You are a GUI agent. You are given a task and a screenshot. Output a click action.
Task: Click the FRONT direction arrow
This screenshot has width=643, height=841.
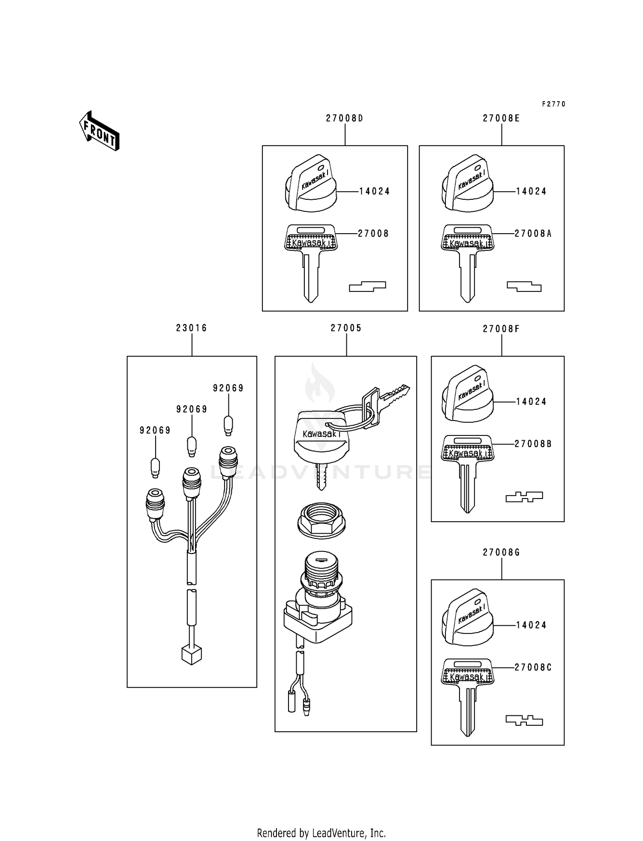coord(99,131)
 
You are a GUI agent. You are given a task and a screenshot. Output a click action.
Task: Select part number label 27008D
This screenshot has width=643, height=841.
coord(344,118)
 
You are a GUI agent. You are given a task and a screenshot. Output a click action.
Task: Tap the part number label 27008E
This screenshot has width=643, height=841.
coord(501,118)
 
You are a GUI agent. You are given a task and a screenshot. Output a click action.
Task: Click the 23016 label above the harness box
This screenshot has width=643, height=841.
coord(191,328)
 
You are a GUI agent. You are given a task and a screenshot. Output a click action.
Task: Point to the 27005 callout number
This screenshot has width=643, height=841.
coord(346,328)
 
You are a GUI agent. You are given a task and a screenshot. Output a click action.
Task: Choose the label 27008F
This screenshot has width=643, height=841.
coord(501,329)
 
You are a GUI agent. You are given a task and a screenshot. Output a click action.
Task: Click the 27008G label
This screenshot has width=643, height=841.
coord(501,553)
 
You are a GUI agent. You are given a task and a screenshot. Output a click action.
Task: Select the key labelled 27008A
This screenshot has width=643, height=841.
coord(467,261)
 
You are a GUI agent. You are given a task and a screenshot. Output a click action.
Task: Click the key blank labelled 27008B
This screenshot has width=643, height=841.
coord(467,472)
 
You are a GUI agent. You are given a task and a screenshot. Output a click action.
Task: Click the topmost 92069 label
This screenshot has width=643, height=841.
coord(228,388)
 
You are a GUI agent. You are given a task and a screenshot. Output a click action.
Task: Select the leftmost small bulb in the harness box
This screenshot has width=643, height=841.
coord(156,468)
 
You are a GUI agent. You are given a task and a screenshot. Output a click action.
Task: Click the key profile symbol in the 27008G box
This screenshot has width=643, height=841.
coord(524,721)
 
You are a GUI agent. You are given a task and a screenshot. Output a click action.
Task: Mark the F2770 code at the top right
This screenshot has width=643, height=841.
coord(553,104)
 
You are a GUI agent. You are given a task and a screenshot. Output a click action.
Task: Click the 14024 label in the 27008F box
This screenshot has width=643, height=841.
coord(531,402)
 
